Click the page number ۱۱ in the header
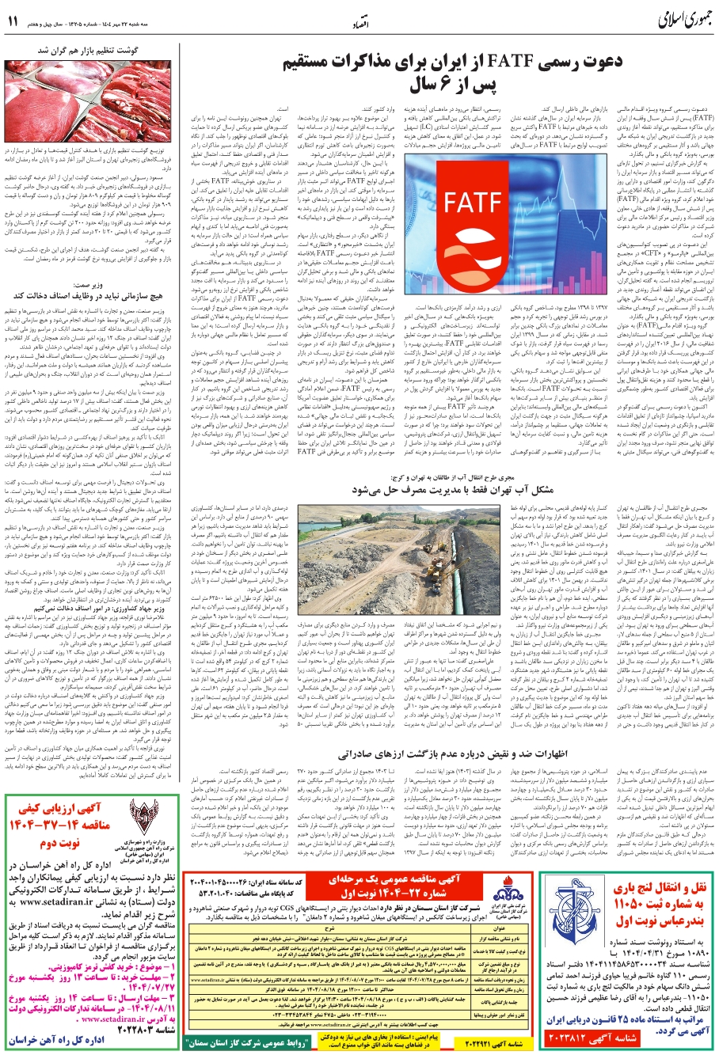(x=14, y=22)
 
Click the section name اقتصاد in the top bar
(x=359, y=25)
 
